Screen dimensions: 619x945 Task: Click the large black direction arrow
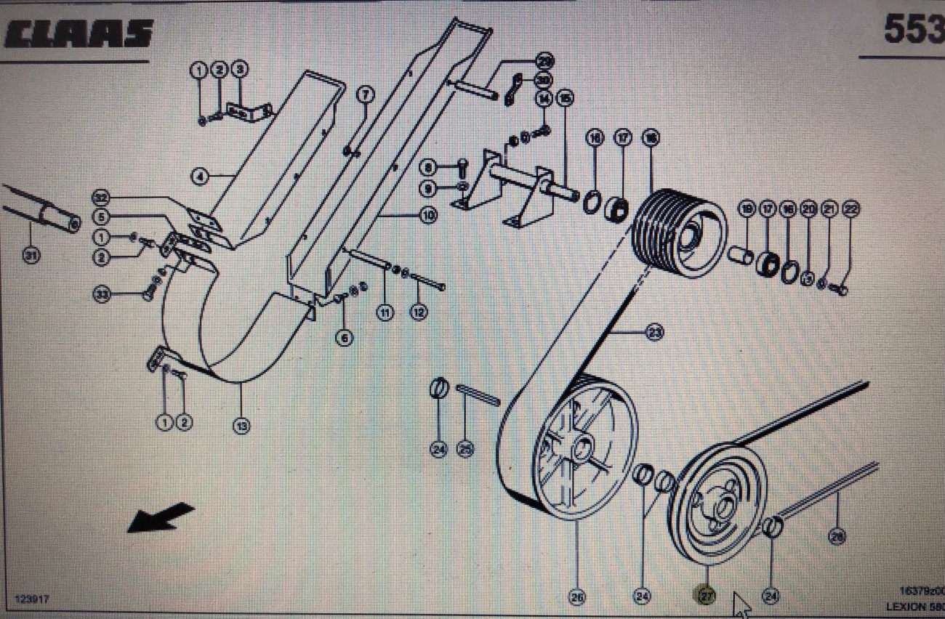coord(160,517)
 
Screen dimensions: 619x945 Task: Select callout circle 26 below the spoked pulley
coord(577,596)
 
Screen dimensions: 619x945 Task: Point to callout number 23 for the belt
coord(654,333)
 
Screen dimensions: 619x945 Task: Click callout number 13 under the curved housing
coord(241,425)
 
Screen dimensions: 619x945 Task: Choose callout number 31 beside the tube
coord(31,255)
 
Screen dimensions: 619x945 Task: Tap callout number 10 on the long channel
coord(427,215)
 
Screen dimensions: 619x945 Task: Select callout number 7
coord(365,94)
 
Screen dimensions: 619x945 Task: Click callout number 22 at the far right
coord(851,209)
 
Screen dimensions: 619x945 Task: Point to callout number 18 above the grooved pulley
coord(650,137)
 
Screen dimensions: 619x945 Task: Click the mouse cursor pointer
coord(741,602)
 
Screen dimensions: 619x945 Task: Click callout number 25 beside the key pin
coord(465,450)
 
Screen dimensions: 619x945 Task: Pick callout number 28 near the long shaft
coord(837,536)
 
